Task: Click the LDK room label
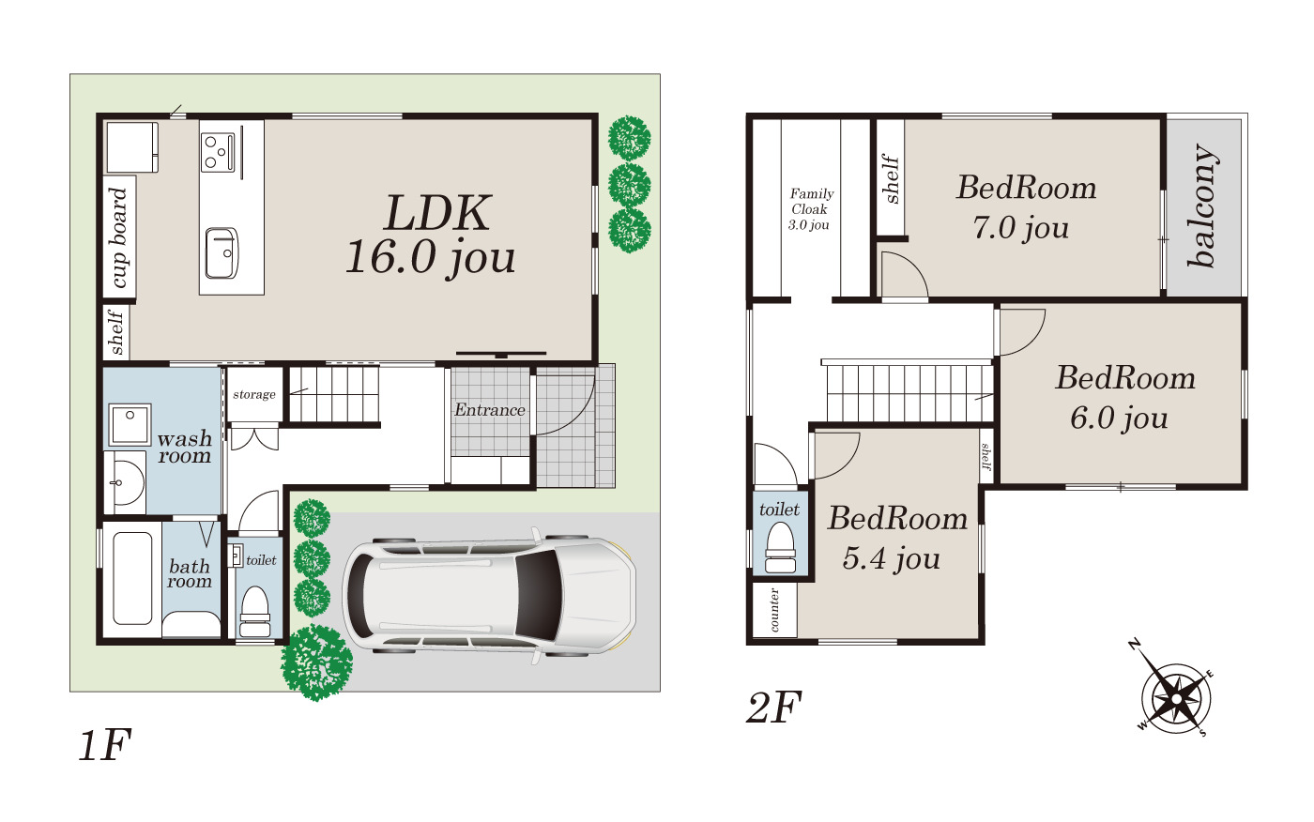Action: (x=431, y=236)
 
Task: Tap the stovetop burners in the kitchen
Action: (x=218, y=152)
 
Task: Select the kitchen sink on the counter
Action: (x=222, y=253)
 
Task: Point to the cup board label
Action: (x=119, y=237)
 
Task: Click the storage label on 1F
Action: (x=254, y=395)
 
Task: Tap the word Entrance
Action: (x=490, y=410)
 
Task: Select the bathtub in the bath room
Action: (x=132, y=578)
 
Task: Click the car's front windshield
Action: (x=537, y=595)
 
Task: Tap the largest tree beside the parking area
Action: (x=317, y=662)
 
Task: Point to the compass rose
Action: (x=1175, y=698)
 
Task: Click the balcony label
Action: (x=1202, y=205)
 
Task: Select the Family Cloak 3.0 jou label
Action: (x=811, y=209)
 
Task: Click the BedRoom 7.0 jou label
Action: (x=1026, y=207)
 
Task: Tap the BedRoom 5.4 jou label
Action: (x=897, y=538)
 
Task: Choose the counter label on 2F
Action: (x=774, y=610)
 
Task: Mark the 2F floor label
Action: (x=773, y=708)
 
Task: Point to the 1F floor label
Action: (x=105, y=745)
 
